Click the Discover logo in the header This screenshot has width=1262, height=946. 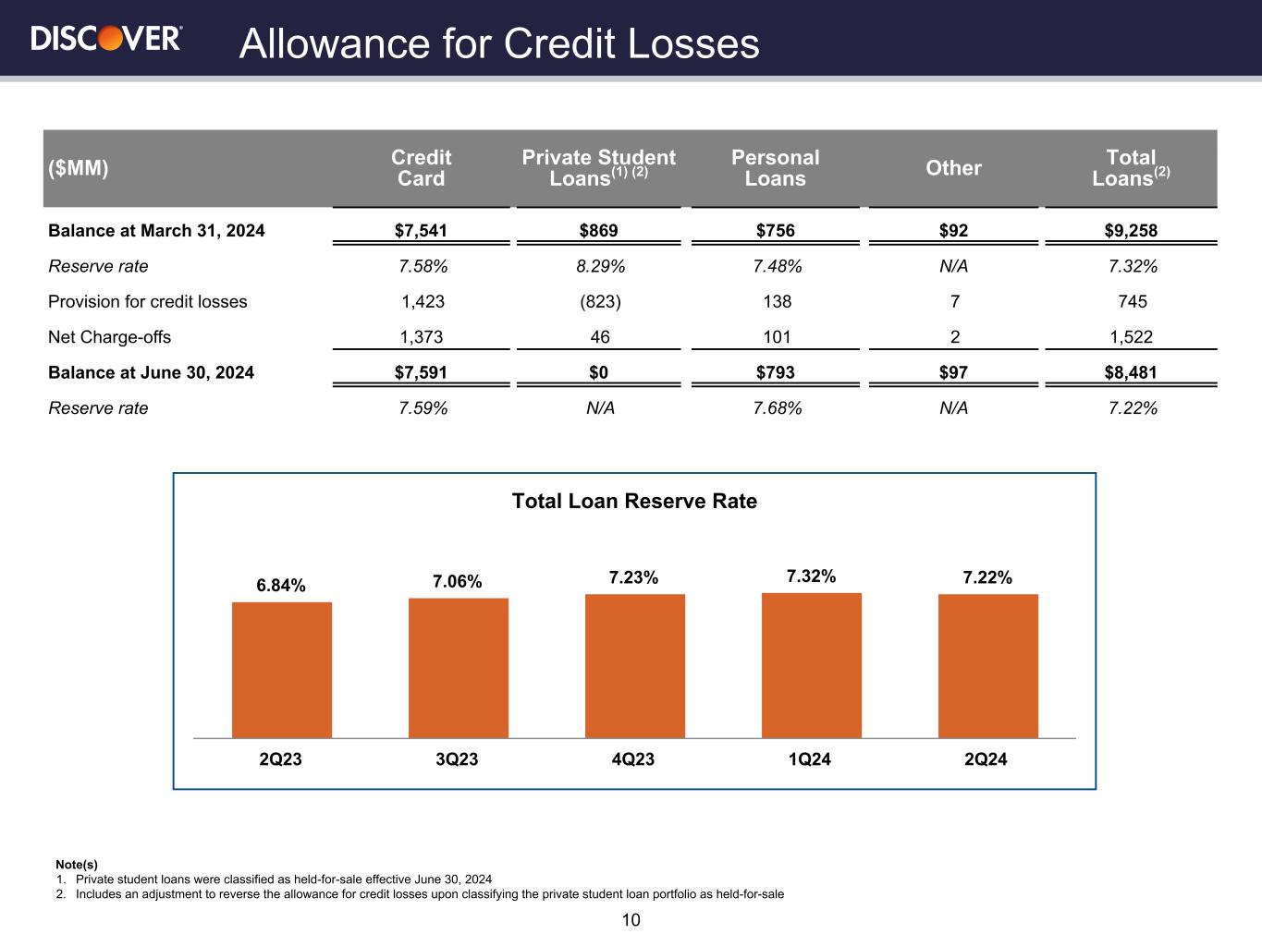point(106,39)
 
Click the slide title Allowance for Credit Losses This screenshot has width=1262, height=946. point(499,43)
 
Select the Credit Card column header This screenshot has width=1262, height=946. point(421,168)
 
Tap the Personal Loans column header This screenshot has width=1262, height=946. point(775,168)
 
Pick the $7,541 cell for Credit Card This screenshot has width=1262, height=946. point(423,231)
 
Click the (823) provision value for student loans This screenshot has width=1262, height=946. point(600,301)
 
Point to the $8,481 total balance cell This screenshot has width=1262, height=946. point(1131,372)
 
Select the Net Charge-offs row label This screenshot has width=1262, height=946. point(109,337)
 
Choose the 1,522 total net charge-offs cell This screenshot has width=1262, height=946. point(1131,337)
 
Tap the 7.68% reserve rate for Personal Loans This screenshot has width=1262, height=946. point(777,407)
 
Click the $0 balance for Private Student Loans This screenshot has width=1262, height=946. point(600,372)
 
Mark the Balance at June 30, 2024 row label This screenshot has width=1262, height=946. point(151,372)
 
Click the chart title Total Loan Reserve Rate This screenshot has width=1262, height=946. point(634,501)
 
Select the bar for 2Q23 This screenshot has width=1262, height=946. point(282,670)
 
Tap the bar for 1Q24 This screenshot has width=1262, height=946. point(811,665)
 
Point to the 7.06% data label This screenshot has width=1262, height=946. point(458,581)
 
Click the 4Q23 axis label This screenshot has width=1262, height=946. point(633,759)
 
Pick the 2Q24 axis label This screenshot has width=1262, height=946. point(986,759)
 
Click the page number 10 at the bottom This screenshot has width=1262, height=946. point(631,920)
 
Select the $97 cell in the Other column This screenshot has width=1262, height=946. point(953,372)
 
